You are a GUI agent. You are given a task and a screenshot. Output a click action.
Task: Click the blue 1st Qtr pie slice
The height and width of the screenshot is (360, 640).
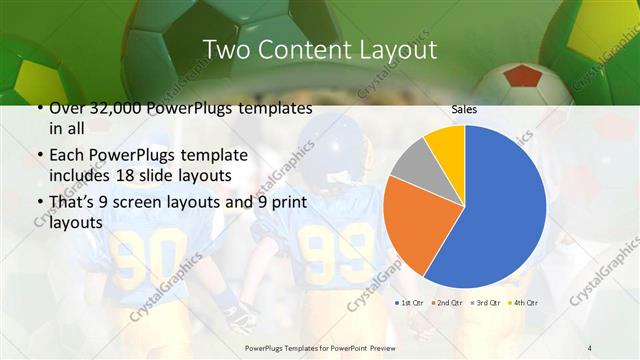click(x=500, y=210)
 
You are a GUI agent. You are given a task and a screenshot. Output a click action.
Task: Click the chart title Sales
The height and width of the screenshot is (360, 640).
click(x=464, y=107)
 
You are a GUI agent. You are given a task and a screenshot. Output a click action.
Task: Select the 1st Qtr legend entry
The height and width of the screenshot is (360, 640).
click(x=411, y=301)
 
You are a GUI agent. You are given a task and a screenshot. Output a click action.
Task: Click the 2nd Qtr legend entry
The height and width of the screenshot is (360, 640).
click(x=449, y=301)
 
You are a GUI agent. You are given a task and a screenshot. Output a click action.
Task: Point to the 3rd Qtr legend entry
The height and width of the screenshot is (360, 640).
click(x=487, y=301)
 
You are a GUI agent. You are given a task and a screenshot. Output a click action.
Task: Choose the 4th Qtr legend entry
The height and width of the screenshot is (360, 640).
click(x=524, y=301)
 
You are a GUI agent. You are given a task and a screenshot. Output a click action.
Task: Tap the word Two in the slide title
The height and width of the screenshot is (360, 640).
click(x=225, y=49)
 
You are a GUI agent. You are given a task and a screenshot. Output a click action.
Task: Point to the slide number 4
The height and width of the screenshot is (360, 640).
click(x=589, y=347)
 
